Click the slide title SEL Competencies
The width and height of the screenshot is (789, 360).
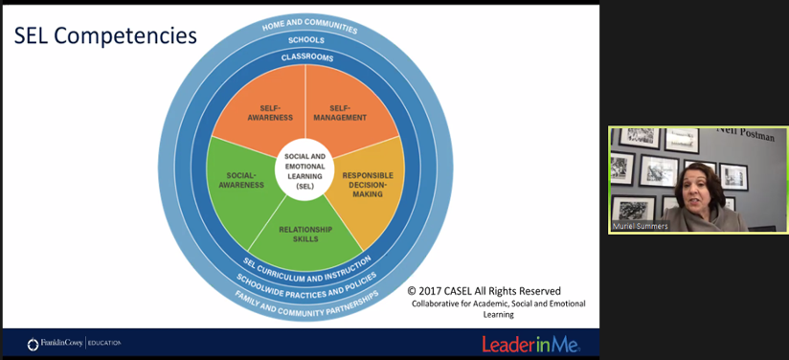pos(105,36)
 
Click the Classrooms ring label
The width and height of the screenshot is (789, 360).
pos(307,57)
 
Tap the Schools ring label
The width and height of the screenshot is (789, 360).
pos(306,40)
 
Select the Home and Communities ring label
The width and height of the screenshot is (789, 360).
pos(309,24)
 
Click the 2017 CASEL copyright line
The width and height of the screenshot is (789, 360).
pos(484,291)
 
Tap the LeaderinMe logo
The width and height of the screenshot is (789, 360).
pos(530,343)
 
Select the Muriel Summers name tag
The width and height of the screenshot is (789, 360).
pos(641,227)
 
